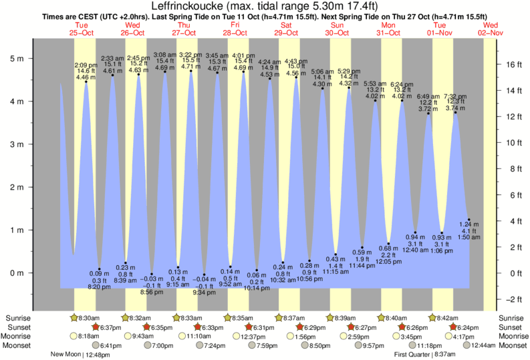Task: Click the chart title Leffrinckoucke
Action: click(x=265, y=6)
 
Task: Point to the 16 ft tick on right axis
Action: click(x=511, y=65)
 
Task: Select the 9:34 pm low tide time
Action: click(x=204, y=293)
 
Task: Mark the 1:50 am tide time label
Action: click(x=469, y=237)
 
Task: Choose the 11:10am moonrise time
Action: click(x=199, y=336)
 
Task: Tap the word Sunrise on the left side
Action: click(x=19, y=318)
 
